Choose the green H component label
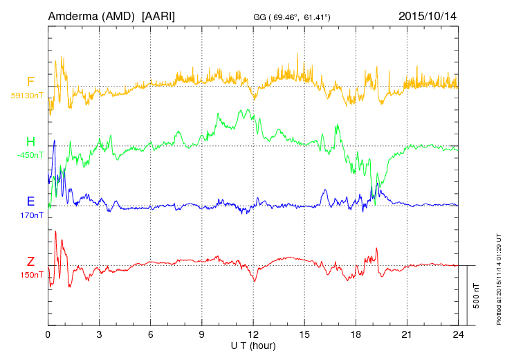[x=30, y=141]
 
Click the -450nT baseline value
[x=30, y=155]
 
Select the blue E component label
[x=30, y=201]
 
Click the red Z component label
[x=30, y=262]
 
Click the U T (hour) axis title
[x=253, y=345]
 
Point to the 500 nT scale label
[x=477, y=295]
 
